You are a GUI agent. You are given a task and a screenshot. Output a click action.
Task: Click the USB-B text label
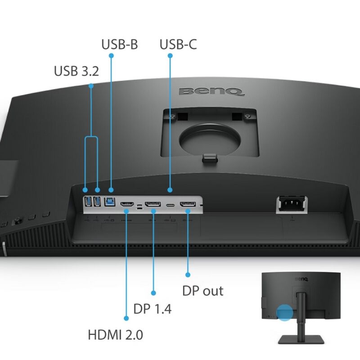pyautogui.click(x=120, y=44)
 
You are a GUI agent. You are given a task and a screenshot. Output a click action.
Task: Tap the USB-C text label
pyautogui.click(x=178, y=44)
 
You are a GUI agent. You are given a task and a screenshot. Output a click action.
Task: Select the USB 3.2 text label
pyautogui.click(x=76, y=71)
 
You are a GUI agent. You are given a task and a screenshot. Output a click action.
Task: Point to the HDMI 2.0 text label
pyautogui.click(x=116, y=334)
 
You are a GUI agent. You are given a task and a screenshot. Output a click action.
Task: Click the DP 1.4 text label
pyautogui.click(x=153, y=309)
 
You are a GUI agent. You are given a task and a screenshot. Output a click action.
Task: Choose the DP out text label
pyautogui.click(x=203, y=291)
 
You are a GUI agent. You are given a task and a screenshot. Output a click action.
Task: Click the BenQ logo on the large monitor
pyautogui.click(x=211, y=91)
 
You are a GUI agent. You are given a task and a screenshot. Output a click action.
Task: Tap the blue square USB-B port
pyautogui.click(x=110, y=202)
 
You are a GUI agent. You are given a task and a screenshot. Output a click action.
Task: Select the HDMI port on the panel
pyautogui.click(x=127, y=204)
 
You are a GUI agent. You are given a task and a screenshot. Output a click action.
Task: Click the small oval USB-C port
pyautogui.click(x=171, y=205)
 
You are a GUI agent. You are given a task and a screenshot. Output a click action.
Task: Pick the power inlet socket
pyautogui.click(x=292, y=204)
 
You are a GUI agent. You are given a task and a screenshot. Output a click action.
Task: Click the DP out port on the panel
pyautogui.click(x=188, y=204)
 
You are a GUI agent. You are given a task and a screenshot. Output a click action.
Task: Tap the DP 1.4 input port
pyautogui.click(x=153, y=204)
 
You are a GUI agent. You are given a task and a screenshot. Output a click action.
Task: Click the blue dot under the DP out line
pyautogui.click(x=188, y=274)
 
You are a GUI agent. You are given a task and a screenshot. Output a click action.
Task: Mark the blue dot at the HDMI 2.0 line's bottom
pyautogui.click(x=126, y=318)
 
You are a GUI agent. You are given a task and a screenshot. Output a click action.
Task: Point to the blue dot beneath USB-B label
pyautogui.click(x=111, y=55)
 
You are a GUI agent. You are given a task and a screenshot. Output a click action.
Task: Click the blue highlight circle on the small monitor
pyautogui.click(x=284, y=312)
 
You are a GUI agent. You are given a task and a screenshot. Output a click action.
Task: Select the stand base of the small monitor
pyautogui.click(x=301, y=339)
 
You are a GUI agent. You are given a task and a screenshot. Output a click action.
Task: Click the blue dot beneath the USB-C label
pyautogui.click(x=170, y=55)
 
